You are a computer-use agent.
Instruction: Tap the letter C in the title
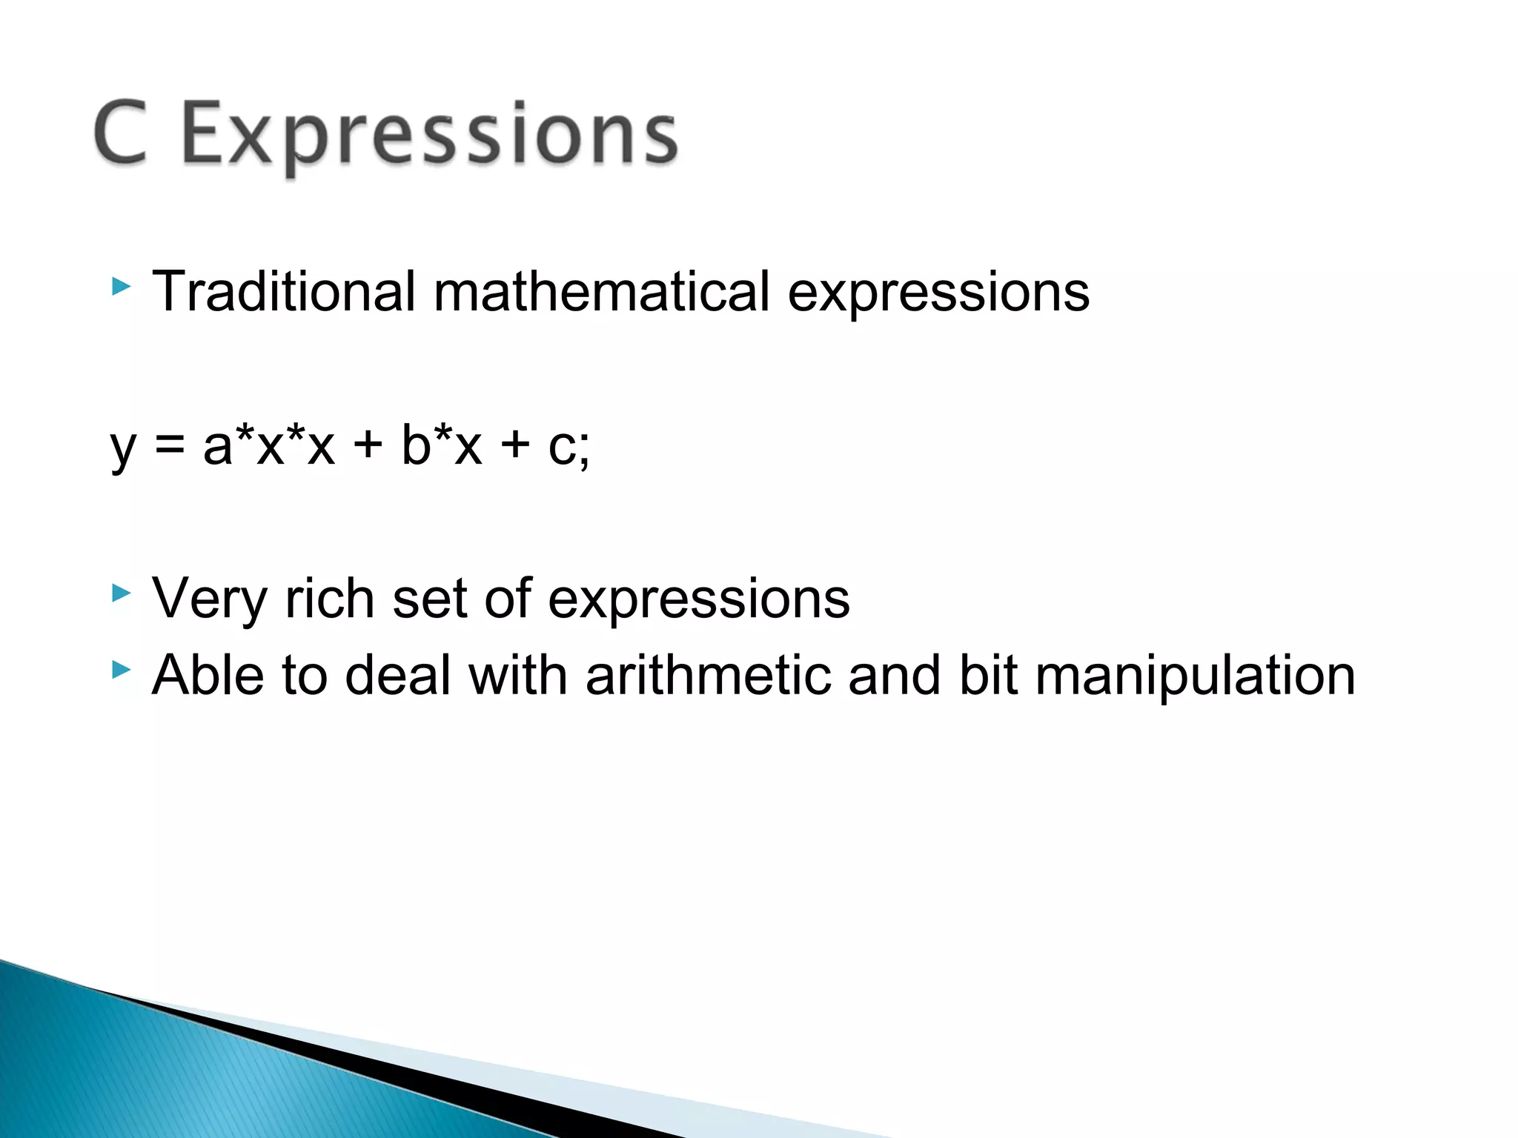120,133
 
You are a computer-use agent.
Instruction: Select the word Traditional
283,291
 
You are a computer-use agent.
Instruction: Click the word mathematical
601,291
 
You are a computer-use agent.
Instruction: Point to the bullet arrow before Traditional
121,286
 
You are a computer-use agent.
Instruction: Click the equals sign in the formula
170,446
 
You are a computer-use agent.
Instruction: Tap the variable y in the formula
123,449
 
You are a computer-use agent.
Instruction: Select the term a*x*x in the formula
269,446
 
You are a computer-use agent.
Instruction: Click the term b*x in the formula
442,446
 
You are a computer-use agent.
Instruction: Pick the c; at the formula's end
569,447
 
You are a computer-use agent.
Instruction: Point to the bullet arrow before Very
121,593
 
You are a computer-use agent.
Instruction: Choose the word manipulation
1195,676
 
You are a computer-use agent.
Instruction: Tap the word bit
987,675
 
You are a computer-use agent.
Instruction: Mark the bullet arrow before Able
121,670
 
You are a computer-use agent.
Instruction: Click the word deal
398,675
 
